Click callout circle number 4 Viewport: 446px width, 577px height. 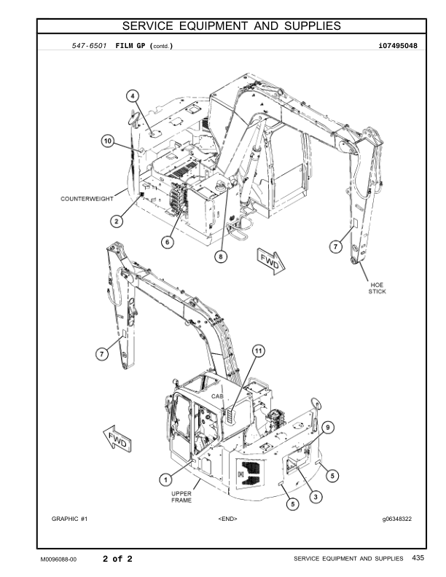[x=133, y=95]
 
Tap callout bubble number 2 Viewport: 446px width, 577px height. [x=116, y=220]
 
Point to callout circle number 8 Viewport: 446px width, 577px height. [x=220, y=256]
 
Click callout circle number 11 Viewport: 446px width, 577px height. [x=257, y=350]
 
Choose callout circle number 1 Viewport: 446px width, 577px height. [x=166, y=479]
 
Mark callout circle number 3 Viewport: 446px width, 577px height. [x=316, y=497]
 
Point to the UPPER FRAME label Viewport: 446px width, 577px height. [x=181, y=497]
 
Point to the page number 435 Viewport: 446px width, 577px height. [x=418, y=558]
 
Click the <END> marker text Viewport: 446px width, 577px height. [x=228, y=519]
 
